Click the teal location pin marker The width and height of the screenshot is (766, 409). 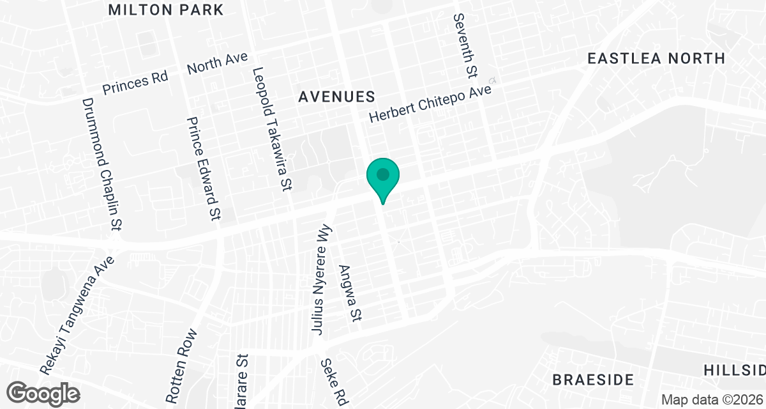382,176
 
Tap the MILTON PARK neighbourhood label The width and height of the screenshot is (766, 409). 166,10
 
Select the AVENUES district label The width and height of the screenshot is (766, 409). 336,96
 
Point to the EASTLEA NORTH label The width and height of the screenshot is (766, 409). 656,58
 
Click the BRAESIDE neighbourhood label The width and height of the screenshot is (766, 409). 593,380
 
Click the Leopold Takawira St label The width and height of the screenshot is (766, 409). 273,130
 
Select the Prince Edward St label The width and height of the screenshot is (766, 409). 204,169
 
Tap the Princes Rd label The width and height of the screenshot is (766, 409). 135,82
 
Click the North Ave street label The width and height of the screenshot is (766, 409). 217,65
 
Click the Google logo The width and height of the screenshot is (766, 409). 44,392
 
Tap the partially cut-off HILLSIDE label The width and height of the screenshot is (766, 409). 734,371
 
